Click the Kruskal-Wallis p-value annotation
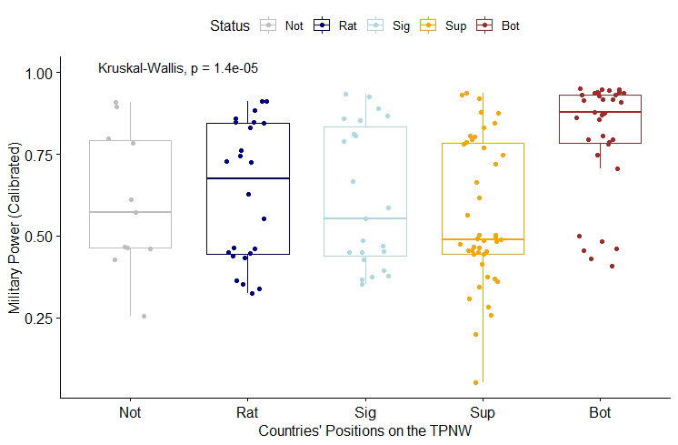click(x=180, y=68)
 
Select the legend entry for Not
click(x=283, y=26)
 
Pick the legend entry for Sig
click(x=390, y=26)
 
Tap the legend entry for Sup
click(x=445, y=26)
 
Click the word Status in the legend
click(x=228, y=26)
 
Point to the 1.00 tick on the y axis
click(x=44, y=73)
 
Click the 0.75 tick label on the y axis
click(x=44, y=155)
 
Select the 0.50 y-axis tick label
click(x=44, y=237)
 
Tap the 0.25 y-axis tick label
click(x=44, y=319)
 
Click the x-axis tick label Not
click(x=130, y=413)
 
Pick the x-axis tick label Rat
click(x=247, y=413)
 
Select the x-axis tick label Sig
click(x=364, y=413)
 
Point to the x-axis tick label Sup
click(x=483, y=413)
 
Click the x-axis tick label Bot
click(x=600, y=413)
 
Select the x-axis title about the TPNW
click(x=364, y=429)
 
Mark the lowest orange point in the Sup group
click(x=475, y=382)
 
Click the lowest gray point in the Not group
click(x=144, y=317)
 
